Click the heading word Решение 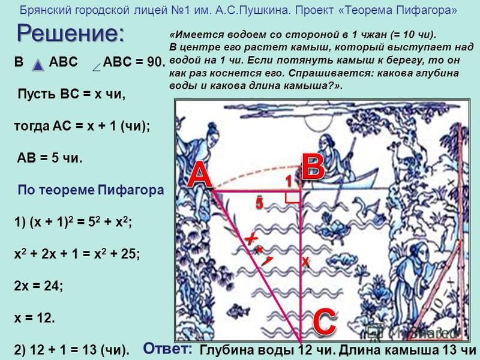click(70, 34)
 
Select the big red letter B click(313, 166)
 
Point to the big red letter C click(325, 322)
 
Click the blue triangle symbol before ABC click(38, 65)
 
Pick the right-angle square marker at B click(293, 197)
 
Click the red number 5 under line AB click(259, 203)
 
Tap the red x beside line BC click(305, 261)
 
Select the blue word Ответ click(168, 349)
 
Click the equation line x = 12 click(34, 318)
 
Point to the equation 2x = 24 click(38, 286)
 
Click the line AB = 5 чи click(50, 158)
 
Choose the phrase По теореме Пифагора click(91, 190)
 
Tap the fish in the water click(238, 310)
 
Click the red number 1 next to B click(289, 181)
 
